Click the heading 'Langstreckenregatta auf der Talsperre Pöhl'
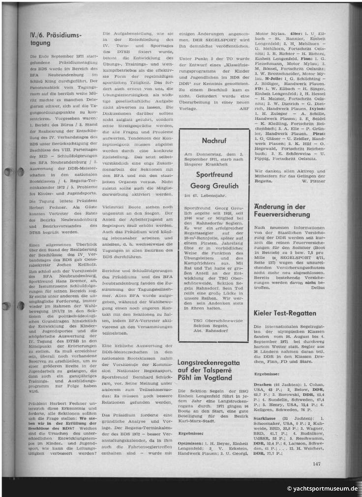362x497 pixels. point(211,356)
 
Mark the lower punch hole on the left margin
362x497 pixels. point(6,306)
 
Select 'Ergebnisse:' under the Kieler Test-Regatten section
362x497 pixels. point(267,360)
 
